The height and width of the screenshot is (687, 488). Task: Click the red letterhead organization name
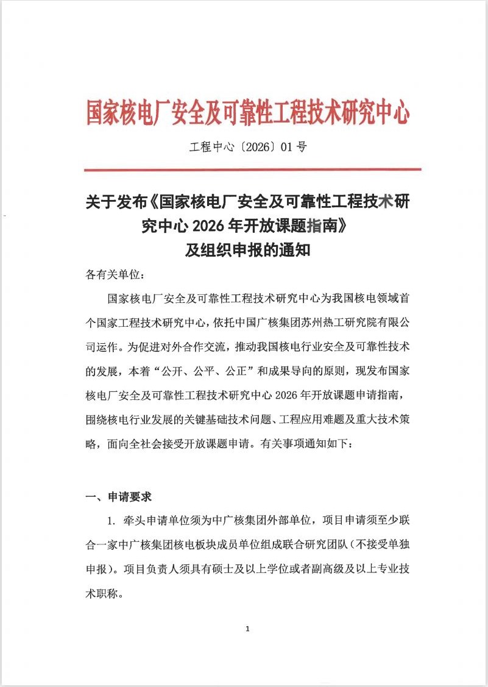tap(247, 112)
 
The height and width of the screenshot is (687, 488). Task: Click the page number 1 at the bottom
tap(247, 629)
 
